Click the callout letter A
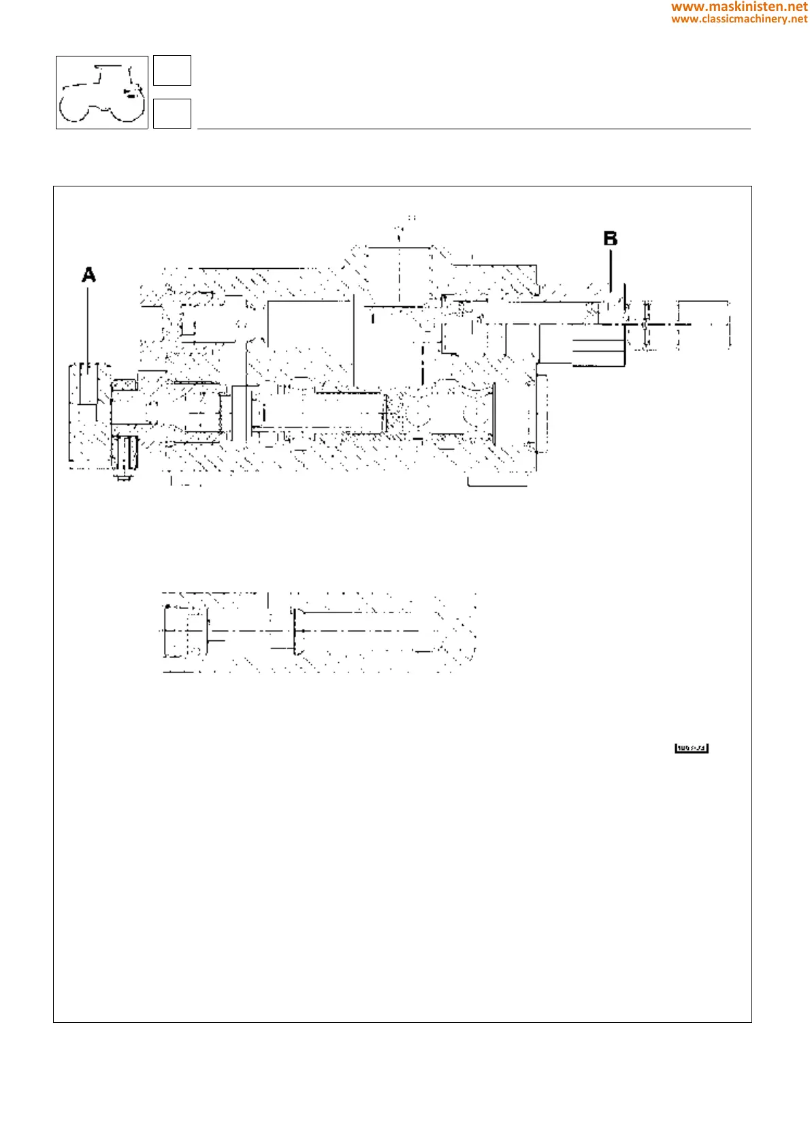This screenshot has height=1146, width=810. point(88,275)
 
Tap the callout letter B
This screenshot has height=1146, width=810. point(611,239)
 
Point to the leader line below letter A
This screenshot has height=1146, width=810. point(88,320)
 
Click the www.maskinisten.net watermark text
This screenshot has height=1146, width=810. point(739,7)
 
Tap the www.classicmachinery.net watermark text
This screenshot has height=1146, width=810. point(739,19)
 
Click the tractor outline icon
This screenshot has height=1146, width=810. point(102,93)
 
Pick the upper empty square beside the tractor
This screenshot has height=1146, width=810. point(172,71)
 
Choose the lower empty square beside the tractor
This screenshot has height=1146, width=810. point(172,114)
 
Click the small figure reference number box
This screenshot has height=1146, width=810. point(692,749)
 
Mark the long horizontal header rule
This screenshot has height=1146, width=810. point(473,129)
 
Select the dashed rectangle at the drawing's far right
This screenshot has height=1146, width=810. point(704,325)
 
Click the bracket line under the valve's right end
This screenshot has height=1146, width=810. point(498,485)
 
